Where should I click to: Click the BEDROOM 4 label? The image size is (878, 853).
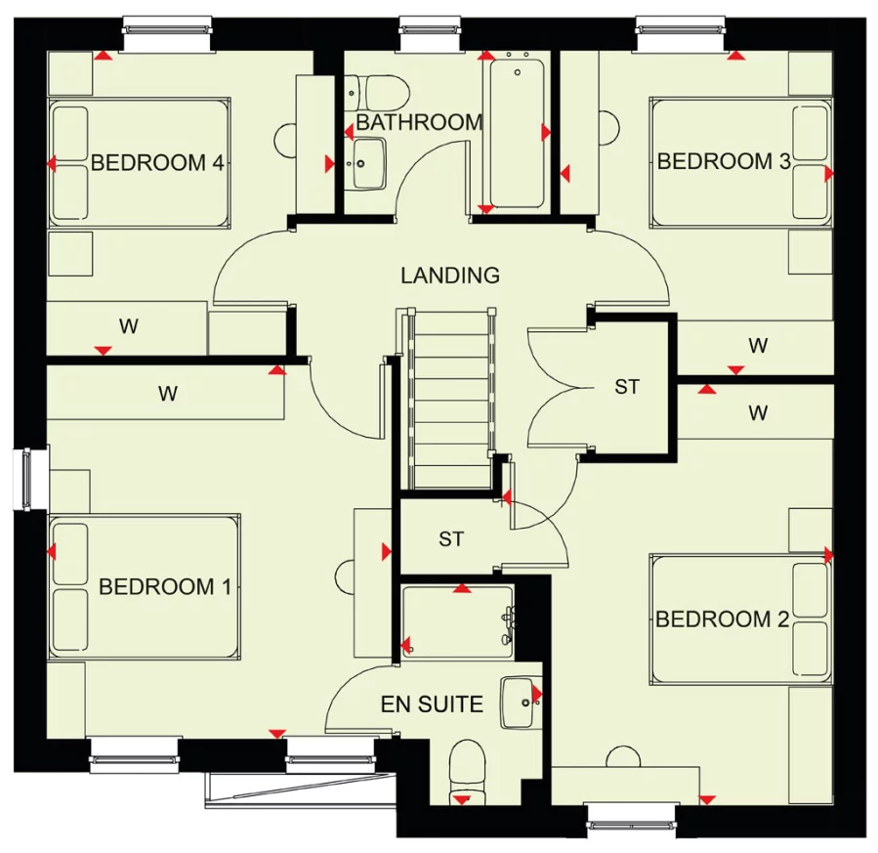point(157,162)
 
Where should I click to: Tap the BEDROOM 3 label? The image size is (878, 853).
point(724,161)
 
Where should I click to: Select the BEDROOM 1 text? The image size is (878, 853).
point(165,586)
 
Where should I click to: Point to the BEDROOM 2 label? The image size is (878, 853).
point(722,619)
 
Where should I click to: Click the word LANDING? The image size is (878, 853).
point(450,276)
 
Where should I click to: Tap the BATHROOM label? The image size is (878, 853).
point(419,122)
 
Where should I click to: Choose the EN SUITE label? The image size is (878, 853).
point(432,704)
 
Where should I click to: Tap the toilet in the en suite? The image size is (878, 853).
point(470,772)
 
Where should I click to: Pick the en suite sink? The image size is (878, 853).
point(519,702)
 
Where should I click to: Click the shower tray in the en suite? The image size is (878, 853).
point(456,622)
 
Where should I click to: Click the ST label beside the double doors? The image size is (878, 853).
point(627,387)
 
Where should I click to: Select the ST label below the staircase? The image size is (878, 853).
point(450,538)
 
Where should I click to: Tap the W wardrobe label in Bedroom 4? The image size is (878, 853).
point(128,326)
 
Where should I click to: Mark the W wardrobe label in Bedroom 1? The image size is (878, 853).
point(168,394)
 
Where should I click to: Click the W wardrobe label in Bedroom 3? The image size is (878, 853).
point(757,345)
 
